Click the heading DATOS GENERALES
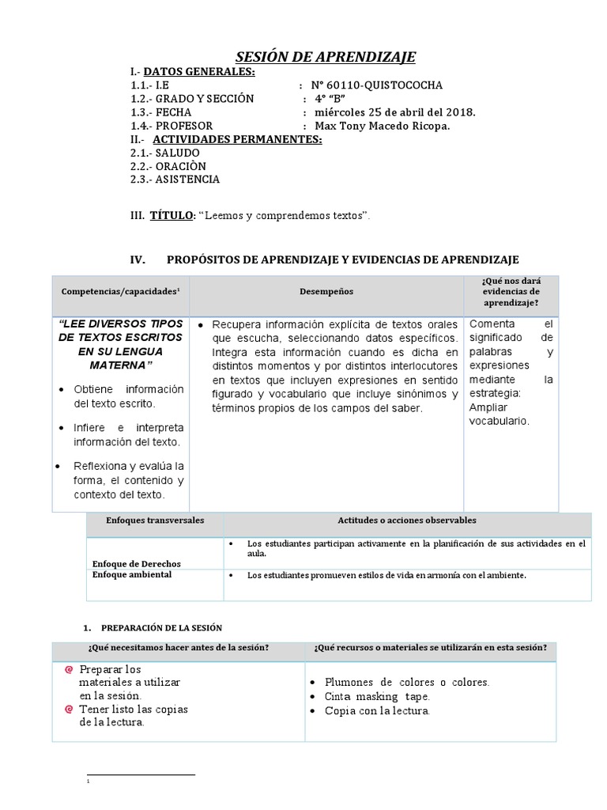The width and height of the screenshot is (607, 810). tap(199, 72)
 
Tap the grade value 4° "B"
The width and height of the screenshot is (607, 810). tap(330, 99)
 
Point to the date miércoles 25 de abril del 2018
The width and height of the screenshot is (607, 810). tap(394, 112)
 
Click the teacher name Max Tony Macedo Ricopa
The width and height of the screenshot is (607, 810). tap(382, 126)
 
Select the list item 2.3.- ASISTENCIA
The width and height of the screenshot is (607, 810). tap(175, 180)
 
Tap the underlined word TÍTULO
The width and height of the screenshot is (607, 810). tap(171, 215)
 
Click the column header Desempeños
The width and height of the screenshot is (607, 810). tap(326, 292)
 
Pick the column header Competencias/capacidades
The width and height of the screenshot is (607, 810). tap(120, 292)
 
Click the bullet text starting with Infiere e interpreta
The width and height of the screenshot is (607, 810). tap(128, 434)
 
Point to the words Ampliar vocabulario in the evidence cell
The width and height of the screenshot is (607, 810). tap(499, 414)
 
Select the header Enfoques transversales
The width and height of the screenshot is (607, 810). tap(155, 520)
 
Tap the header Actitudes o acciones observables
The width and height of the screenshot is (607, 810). tap(407, 520)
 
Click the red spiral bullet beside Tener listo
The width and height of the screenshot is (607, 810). tap(70, 709)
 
